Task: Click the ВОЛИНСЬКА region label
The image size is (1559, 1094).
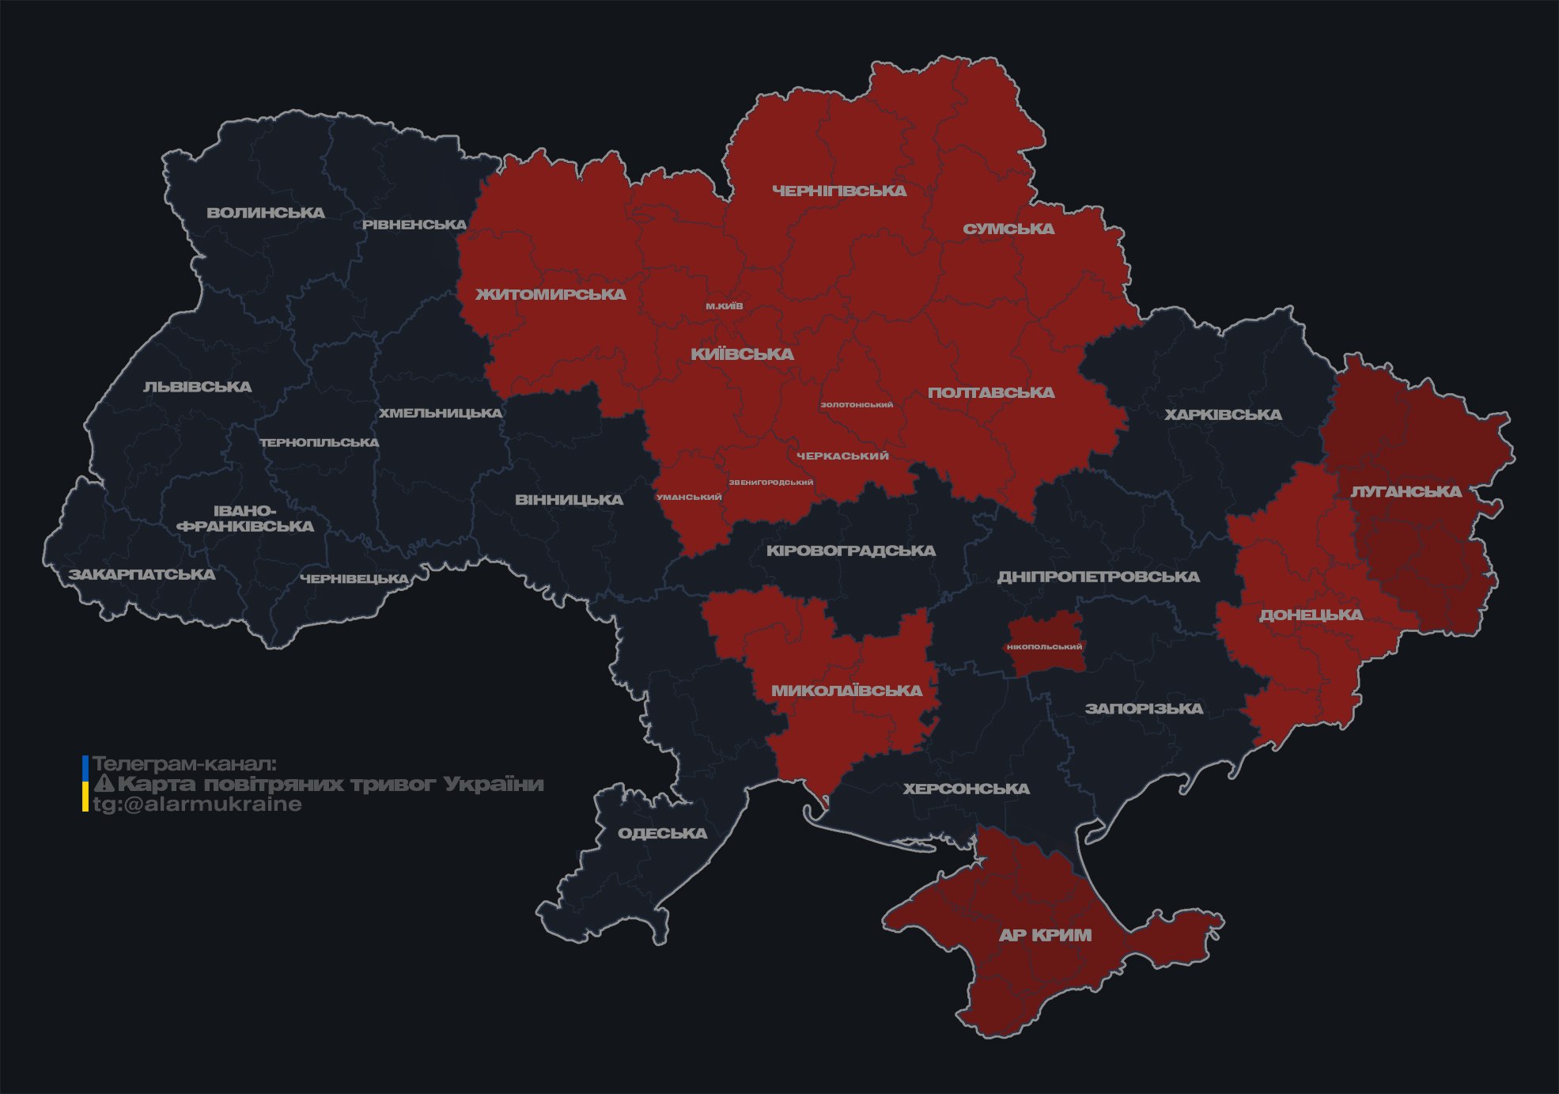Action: pos(266,213)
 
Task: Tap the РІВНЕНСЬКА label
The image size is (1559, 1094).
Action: pos(414,225)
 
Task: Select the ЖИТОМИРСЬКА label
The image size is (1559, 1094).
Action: pos(551,295)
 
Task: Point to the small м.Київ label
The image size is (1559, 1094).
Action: pos(725,306)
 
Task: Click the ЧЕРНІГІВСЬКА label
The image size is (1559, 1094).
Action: pos(839,191)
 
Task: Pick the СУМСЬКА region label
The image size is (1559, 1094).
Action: pos(1008,229)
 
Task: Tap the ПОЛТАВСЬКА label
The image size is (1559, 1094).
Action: pos(991,393)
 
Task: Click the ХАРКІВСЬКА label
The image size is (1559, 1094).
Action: pos(1223,415)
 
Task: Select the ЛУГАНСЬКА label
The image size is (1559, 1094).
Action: pos(1406,492)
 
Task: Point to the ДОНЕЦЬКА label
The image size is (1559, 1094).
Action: pos(1311,615)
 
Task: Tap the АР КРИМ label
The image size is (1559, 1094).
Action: pos(1045,935)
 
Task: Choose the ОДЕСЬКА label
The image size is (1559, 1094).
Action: pos(662,833)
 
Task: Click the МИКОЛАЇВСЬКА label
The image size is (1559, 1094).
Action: pos(846,691)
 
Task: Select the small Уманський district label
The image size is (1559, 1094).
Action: pos(689,498)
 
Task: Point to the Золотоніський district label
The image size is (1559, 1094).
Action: pos(857,405)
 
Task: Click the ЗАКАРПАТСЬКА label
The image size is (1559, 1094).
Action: pos(142,574)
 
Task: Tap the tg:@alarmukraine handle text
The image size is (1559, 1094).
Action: pos(198,804)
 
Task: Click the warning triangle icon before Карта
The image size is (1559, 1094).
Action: pos(104,784)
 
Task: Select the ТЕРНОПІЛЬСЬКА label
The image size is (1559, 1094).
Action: pos(320,443)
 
